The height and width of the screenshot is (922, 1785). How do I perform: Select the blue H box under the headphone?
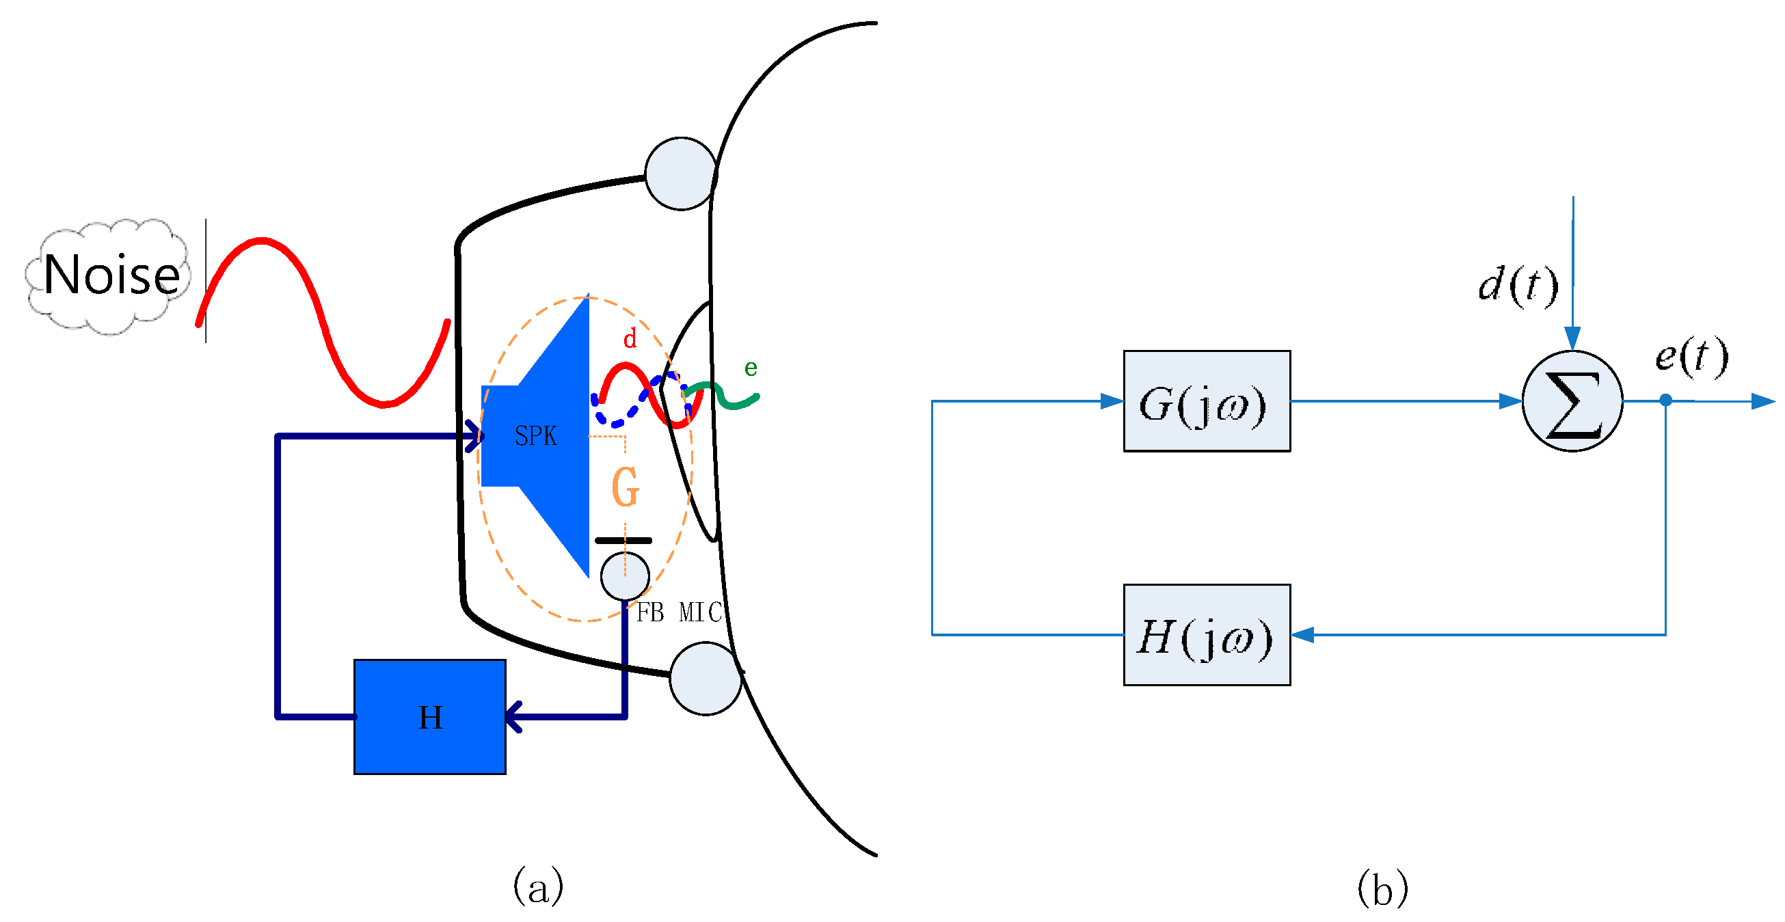point(429,716)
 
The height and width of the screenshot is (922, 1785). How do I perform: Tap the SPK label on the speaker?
point(536,436)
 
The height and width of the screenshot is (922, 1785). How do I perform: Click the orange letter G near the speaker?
point(625,487)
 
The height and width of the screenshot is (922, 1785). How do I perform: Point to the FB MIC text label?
point(679,612)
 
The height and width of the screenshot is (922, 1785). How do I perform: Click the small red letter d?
point(629,339)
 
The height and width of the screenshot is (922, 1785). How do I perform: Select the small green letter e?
point(751,368)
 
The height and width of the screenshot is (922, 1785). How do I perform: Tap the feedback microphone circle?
point(625,576)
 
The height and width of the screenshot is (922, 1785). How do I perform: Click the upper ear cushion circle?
point(681,174)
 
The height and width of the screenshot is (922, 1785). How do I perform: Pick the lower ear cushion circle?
point(706,679)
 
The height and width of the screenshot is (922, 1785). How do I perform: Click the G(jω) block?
point(1207,401)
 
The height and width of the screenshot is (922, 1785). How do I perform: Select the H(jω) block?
point(1207,634)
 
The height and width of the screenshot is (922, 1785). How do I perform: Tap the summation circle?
point(1572,401)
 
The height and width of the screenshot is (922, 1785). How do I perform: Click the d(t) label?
point(1518,285)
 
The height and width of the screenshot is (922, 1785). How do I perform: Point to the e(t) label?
point(1691,357)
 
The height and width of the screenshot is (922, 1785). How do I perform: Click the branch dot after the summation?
point(1666,400)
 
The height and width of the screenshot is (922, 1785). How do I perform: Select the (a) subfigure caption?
point(538,886)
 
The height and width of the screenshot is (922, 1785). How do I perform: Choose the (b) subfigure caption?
point(1382,887)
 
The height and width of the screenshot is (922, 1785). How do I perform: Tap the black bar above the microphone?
point(623,541)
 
